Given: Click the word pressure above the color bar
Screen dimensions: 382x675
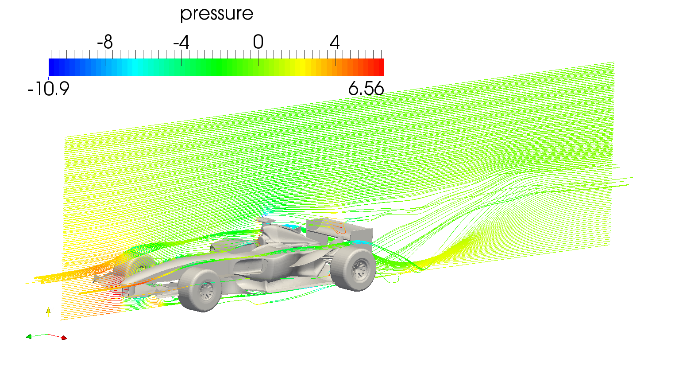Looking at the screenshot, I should tap(216, 14).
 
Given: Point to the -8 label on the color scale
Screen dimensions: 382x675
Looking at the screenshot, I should tap(105, 43).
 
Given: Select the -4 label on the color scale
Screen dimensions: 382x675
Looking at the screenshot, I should tap(181, 43).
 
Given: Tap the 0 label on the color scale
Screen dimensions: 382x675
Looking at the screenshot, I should tap(258, 43).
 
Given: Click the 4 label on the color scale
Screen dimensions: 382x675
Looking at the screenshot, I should tap(335, 43).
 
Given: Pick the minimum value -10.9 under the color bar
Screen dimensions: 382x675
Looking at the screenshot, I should tap(48, 89).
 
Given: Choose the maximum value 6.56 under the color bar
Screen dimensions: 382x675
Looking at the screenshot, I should tap(366, 89).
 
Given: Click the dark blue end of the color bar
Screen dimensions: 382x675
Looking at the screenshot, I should tap(53, 67).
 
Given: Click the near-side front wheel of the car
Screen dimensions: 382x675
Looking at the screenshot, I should tap(200, 290).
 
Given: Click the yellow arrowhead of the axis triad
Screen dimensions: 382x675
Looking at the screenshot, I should tap(48, 310).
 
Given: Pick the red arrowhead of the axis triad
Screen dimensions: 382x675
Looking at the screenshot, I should tap(64, 338).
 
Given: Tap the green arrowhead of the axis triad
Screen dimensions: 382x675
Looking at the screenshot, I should tap(29, 337).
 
